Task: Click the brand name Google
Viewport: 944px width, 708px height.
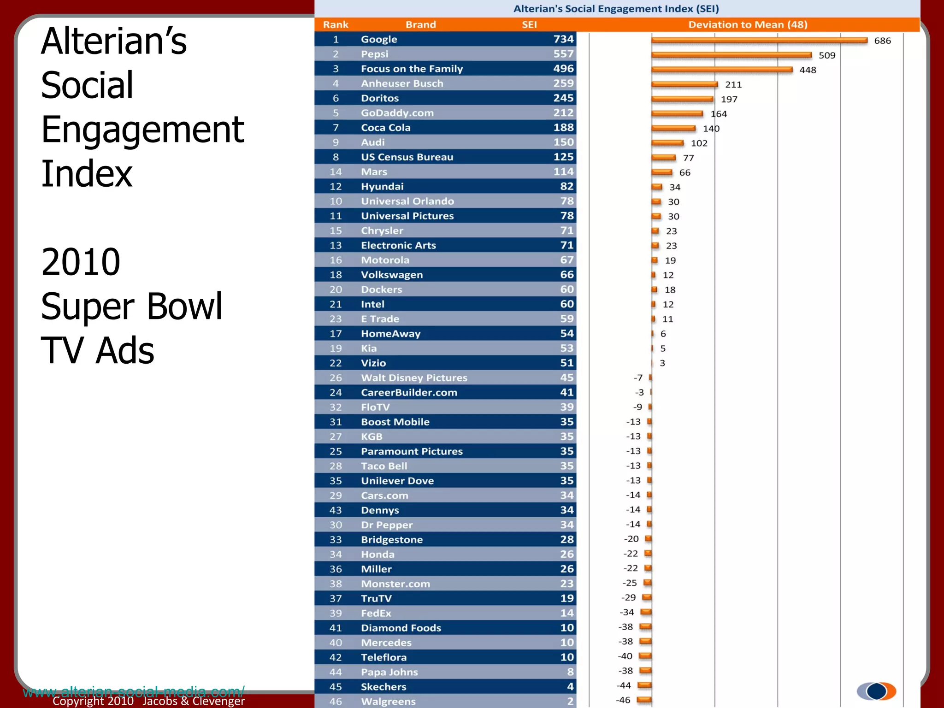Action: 379,39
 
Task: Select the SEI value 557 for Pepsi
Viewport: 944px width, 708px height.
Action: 563,54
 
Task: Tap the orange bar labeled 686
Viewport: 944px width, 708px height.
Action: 759,41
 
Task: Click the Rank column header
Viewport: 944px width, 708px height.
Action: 336,24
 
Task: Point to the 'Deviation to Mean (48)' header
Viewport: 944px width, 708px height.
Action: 748,24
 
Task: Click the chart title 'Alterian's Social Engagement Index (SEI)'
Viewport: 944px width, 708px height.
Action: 616,9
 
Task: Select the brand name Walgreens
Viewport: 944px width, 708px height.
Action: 388,701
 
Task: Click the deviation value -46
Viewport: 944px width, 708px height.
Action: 623,700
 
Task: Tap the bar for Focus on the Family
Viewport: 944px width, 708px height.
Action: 722,70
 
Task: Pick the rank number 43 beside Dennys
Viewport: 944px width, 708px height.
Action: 336,510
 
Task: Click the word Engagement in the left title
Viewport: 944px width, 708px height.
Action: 142,130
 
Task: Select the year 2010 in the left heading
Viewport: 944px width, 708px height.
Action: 81,262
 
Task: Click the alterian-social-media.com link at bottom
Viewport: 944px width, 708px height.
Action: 134,691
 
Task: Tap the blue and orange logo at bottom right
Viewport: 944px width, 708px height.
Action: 876,691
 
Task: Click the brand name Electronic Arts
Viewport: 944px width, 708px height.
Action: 398,245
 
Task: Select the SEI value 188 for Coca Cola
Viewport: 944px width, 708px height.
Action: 563,128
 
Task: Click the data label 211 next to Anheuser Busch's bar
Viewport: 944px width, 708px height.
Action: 733,84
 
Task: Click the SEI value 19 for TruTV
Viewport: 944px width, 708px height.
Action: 567,598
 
